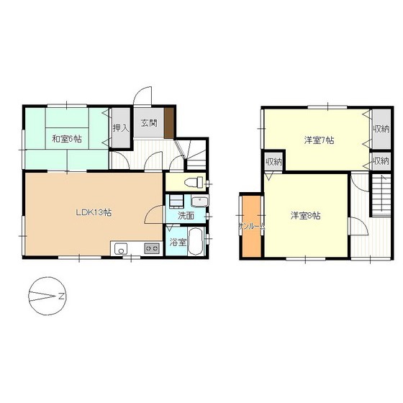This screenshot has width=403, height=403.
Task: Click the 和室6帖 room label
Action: [x=67, y=140]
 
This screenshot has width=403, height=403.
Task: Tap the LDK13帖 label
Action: [x=94, y=212]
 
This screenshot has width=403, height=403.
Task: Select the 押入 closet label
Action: [x=121, y=128]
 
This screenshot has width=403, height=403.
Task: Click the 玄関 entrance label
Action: [x=149, y=123]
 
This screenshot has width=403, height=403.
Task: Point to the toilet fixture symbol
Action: [x=194, y=183]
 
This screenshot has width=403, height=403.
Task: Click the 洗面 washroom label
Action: [x=186, y=216]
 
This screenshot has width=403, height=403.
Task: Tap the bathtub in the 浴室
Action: [x=196, y=241]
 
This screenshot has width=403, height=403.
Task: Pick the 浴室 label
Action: [x=178, y=242]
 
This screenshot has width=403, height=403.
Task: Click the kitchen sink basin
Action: [x=121, y=249]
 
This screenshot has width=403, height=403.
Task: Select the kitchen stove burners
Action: [x=152, y=248]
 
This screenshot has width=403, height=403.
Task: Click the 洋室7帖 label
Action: [x=320, y=140]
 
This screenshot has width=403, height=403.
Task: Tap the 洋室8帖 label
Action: [x=306, y=216]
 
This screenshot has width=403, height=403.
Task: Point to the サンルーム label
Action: [x=252, y=227]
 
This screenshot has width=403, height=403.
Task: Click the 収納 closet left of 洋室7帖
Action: [x=274, y=162]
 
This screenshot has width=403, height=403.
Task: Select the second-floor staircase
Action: [x=381, y=195]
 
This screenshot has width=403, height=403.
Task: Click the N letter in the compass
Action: [x=61, y=296]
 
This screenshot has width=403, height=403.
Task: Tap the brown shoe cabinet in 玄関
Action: [x=169, y=123]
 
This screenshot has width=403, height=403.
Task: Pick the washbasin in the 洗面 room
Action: [x=199, y=201]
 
